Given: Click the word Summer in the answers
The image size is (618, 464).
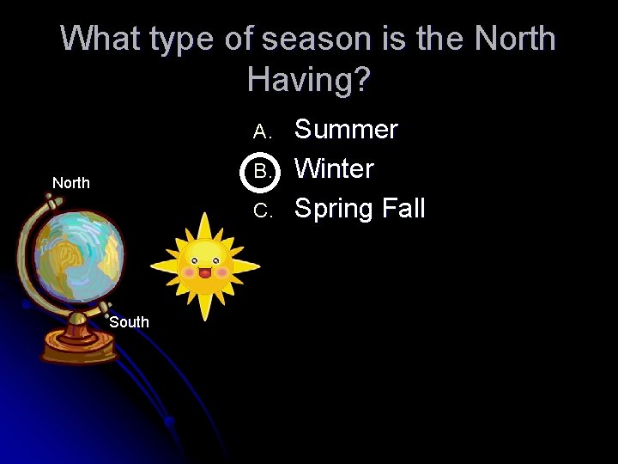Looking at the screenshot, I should click(x=346, y=130).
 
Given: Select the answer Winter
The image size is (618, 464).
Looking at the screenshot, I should click(x=334, y=168).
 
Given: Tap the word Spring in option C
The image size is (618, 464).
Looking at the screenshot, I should click(x=337, y=209).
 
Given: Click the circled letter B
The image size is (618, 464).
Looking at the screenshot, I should click(x=262, y=170).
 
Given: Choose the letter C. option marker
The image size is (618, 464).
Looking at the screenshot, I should click(x=263, y=210).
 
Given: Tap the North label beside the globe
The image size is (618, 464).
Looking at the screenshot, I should click(x=70, y=182).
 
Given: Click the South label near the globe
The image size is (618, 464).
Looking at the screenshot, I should click(x=129, y=322).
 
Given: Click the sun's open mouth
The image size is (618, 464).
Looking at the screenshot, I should click(x=204, y=273).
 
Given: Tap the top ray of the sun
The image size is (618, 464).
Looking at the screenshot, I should click(x=204, y=225).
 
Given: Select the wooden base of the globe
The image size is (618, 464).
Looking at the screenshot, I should click(x=80, y=341).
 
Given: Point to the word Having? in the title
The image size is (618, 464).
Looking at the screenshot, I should click(x=309, y=80).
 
